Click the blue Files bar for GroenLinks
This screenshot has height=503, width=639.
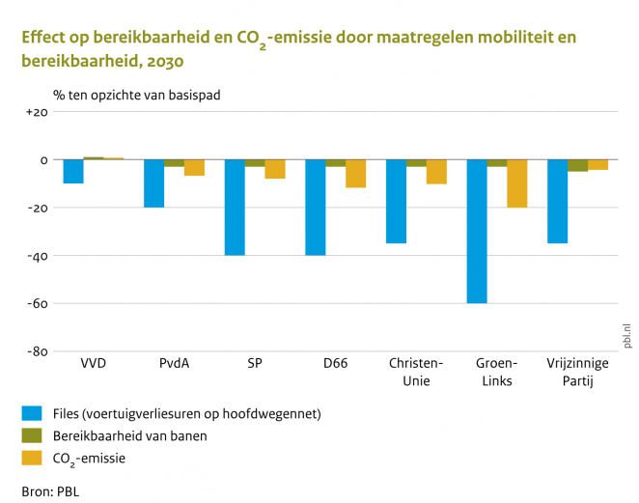pyautogui.click(x=477, y=231)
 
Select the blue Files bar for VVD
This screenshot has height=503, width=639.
pyautogui.click(x=72, y=171)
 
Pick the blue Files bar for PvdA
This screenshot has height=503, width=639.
pyautogui.click(x=153, y=183)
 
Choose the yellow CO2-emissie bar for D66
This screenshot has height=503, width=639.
pyautogui.click(x=356, y=173)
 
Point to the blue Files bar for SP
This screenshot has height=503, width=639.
pyautogui.click(x=235, y=207)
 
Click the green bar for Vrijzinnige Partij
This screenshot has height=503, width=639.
pyautogui.click(x=577, y=165)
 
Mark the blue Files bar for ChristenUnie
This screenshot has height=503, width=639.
pyautogui.click(x=396, y=201)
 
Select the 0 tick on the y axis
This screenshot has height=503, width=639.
pyautogui.click(x=42, y=159)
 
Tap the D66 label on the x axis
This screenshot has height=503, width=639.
pyautogui.click(x=336, y=364)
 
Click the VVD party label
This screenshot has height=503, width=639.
pyautogui.click(x=93, y=364)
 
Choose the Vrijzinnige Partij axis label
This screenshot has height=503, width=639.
pyautogui.click(x=578, y=372)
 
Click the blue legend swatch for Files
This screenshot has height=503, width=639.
pyautogui.click(x=33, y=414)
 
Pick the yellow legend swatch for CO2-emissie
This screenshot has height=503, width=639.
pyautogui.click(x=33, y=459)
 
